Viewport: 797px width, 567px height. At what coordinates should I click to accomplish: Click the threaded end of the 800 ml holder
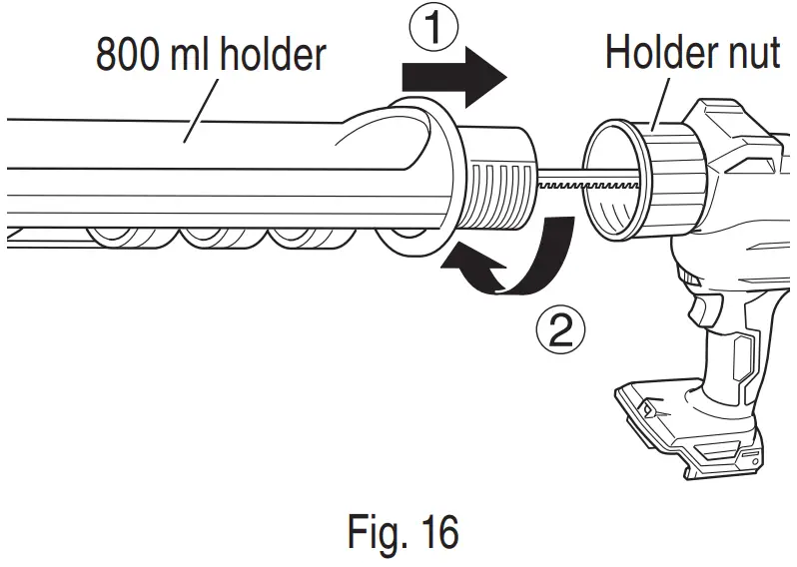(x=498, y=180)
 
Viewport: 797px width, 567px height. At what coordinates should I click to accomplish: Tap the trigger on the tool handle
(x=701, y=307)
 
